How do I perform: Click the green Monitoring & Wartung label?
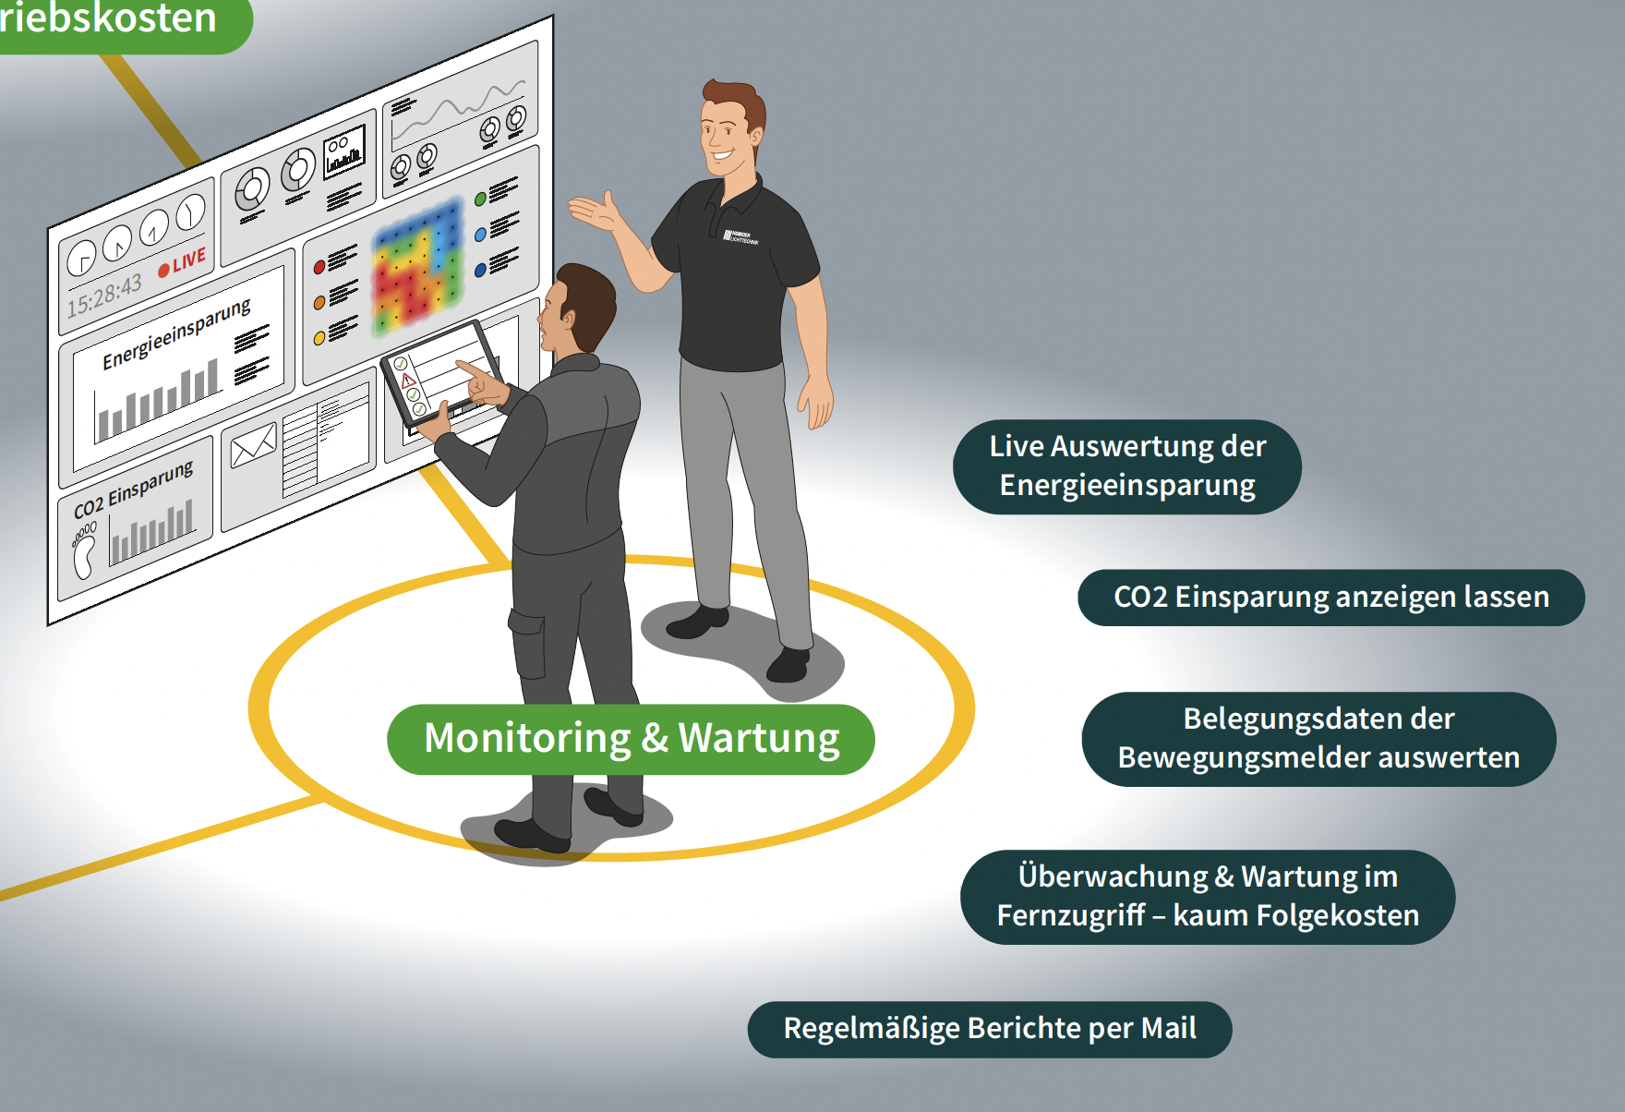[x=631, y=739]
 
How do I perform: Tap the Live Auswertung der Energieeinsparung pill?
[x=1126, y=466]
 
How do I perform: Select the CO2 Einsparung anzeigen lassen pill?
[x=1330, y=598]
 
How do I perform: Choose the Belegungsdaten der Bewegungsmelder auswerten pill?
[x=1318, y=739]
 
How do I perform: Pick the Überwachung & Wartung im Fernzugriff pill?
[x=1208, y=896]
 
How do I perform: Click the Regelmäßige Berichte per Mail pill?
[x=989, y=1029]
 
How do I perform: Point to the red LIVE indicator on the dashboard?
[x=183, y=262]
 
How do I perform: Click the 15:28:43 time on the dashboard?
[x=104, y=295]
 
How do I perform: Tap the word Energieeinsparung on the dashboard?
[x=175, y=333]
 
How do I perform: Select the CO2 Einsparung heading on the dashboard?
[x=133, y=489]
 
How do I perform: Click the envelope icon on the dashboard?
[x=252, y=446]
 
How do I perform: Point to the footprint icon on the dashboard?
[x=84, y=551]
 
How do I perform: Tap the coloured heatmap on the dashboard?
[x=417, y=265]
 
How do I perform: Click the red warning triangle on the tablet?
[x=408, y=380]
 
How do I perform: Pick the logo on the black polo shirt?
[x=740, y=237]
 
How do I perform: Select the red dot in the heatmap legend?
[x=319, y=267]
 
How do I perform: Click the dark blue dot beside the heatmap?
[x=480, y=270]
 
